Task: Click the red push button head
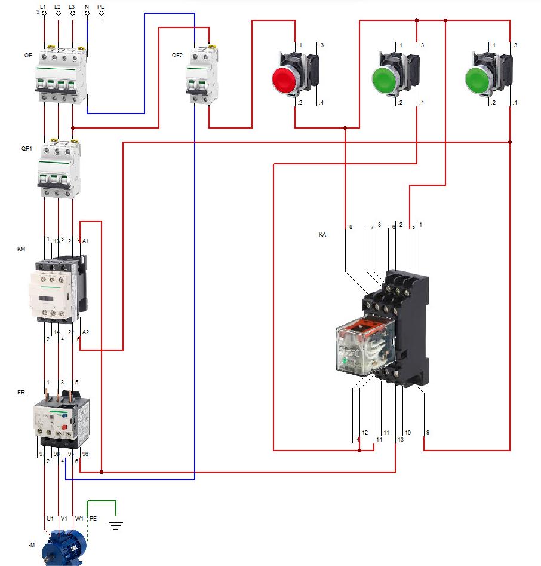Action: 285,80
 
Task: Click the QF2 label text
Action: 177,56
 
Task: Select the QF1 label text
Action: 26,148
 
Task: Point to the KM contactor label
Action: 21,249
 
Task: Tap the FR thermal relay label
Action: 21,392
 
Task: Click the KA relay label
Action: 322,235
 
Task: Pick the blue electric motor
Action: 63,547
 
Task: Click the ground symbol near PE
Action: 116,525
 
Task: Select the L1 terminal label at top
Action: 43,7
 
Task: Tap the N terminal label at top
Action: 87,7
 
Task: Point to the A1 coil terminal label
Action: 85,241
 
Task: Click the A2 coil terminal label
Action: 85,332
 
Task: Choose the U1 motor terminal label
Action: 50,519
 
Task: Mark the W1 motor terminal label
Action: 79,519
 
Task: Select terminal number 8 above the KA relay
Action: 351,227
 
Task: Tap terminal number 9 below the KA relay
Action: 428,432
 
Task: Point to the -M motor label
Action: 31,545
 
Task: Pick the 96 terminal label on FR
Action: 85,454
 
